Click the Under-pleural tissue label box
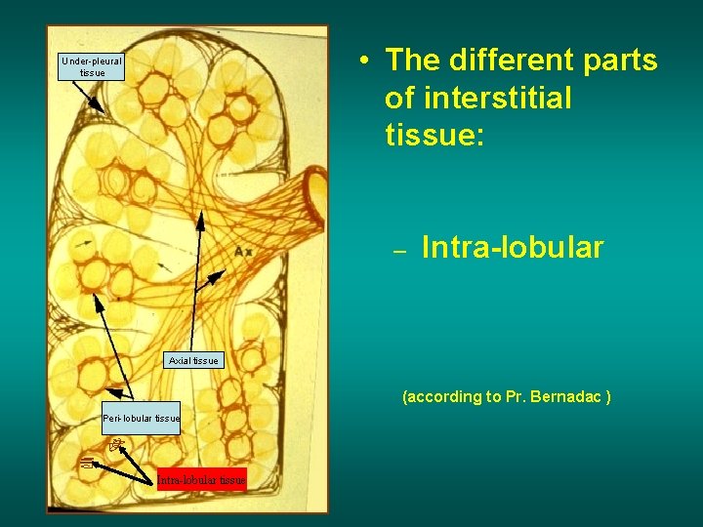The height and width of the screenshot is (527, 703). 93,66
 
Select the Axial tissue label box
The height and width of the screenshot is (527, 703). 193,361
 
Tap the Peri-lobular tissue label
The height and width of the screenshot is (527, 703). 142,419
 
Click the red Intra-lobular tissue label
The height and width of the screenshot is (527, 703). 202,479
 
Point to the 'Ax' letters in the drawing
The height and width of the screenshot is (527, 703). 243,253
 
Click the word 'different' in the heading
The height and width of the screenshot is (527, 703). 497,61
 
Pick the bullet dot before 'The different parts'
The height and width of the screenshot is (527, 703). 362,61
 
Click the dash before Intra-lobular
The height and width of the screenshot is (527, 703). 398,251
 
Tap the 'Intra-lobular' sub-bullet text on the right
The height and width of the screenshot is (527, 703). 513,248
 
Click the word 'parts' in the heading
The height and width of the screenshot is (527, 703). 615,61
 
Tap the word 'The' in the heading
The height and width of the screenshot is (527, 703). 411,61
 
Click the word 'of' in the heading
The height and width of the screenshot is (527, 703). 399,98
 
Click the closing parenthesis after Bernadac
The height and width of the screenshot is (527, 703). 608,396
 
